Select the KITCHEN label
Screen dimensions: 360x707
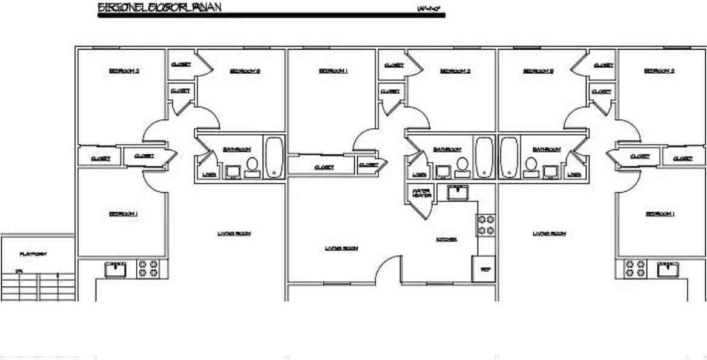447,240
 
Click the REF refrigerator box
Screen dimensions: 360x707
484,269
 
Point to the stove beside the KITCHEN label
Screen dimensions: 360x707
487,225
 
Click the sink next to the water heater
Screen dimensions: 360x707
458,193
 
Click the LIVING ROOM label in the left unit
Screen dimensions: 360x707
234,234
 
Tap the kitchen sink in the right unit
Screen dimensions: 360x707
666,269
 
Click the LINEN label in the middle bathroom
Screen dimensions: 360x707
417,174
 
